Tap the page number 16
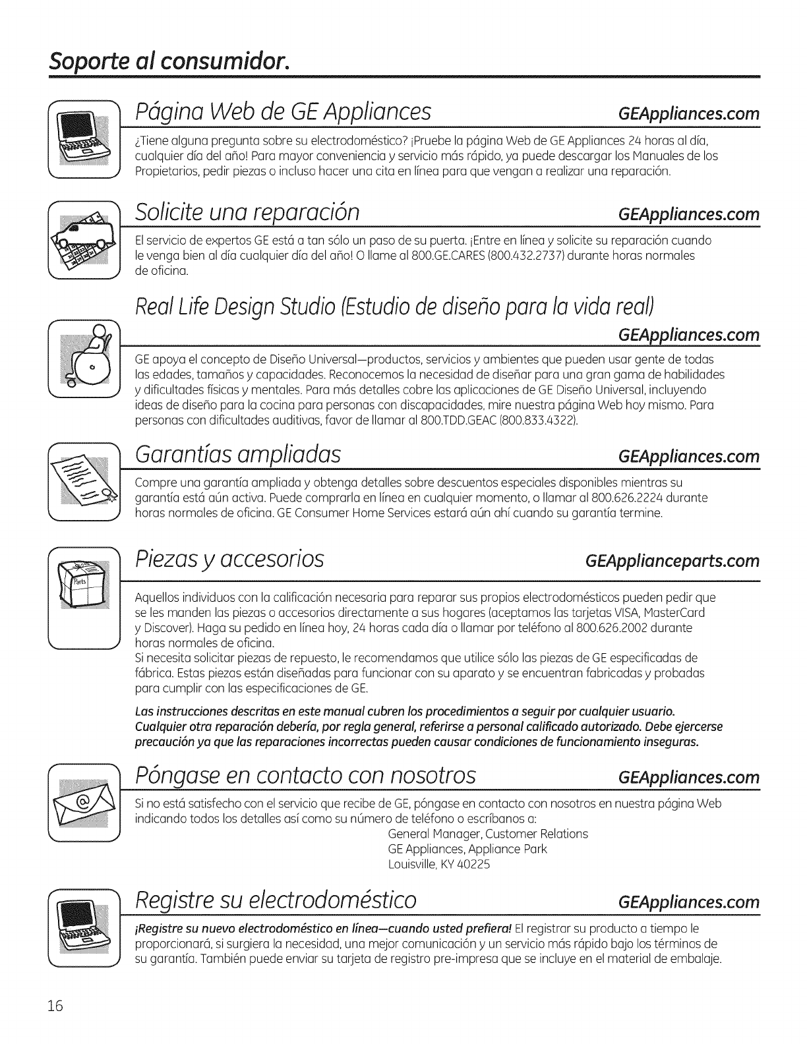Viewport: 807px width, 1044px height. (x=54, y=1006)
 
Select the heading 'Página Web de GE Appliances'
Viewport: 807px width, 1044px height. (x=284, y=112)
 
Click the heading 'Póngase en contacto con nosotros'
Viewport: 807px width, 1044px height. (x=305, y=776)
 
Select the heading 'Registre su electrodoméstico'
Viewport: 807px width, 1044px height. (x=276, y=900)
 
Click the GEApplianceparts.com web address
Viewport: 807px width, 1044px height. (x=672, y=561)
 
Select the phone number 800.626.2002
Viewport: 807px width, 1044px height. (x=617, y=628)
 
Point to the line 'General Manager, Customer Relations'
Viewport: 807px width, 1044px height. (x=488, y=834)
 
